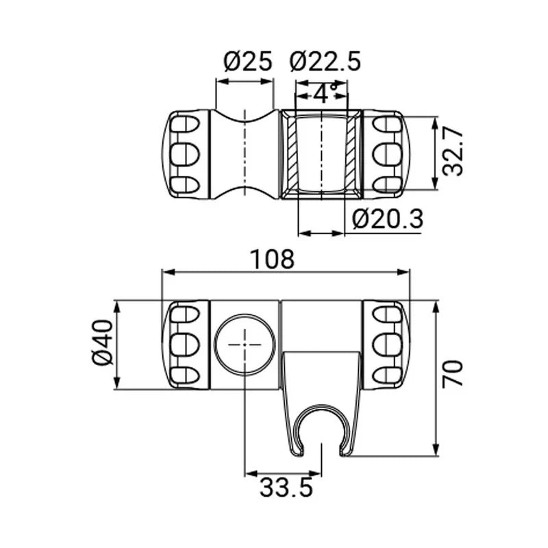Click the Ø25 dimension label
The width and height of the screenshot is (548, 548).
[247, 62]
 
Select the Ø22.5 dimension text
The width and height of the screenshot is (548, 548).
[325, 62]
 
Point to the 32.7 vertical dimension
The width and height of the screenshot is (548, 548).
[453, 152]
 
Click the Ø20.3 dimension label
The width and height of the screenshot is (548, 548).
[388, 219]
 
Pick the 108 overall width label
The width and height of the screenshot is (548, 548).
[273, 260]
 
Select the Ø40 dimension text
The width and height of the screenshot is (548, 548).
[103, 342]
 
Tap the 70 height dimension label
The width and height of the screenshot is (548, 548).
[453, 373]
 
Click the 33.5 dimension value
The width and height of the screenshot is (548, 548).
[286, 487]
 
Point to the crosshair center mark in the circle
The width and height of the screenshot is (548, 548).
[245, 345]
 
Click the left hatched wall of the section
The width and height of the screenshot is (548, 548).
[292, 154]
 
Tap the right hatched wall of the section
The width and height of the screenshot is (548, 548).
[351, 154]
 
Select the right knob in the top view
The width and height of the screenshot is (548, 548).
[386, 155]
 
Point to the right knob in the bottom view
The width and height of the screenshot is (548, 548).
[386, 345]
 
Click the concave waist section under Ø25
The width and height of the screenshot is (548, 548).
[245, 155]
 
